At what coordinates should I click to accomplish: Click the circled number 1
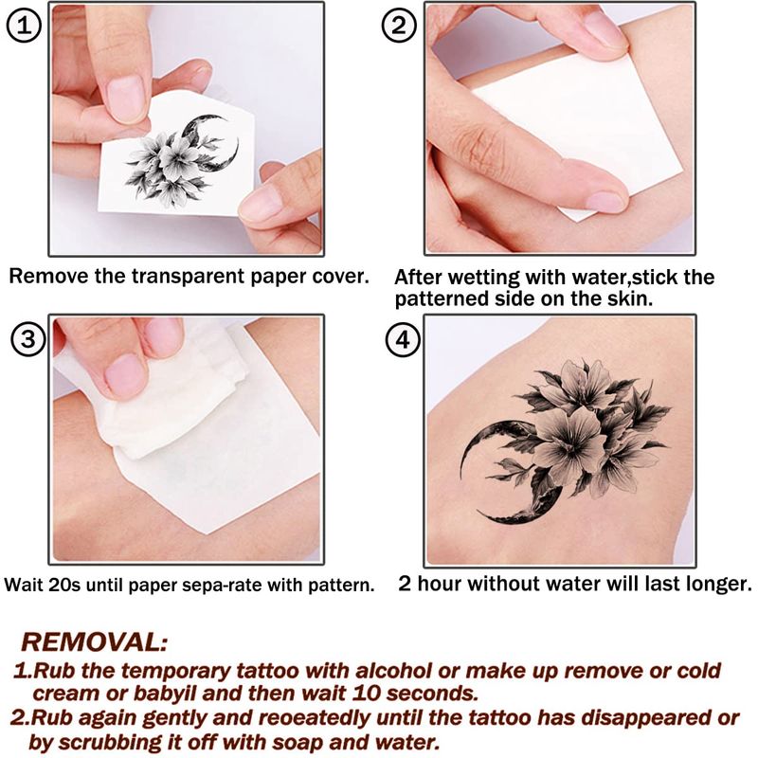click(24, 26)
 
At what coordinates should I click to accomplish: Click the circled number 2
click(399, 26)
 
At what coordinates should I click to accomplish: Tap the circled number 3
click(28, 339)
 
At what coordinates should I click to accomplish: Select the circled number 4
click(403, 340)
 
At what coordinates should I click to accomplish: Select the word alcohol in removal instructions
click(394, 671)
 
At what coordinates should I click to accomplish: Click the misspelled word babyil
click(165, 694)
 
